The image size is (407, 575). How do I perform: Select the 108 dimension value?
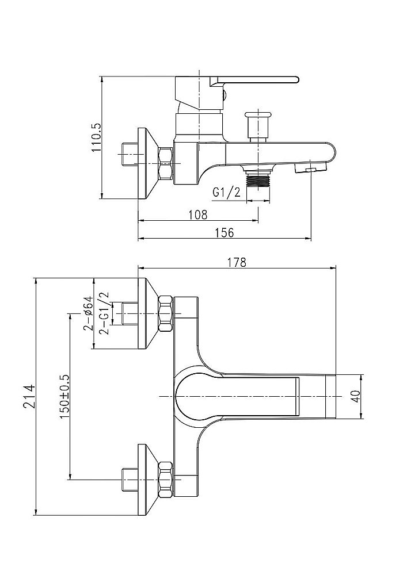pyautogui.click(x=198, y=214)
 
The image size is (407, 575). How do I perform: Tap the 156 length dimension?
pyautogui.click(x=225, y=232)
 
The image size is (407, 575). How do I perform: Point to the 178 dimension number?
pyautogui.click(x=237, y=262)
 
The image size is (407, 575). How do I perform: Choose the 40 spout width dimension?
pyautogui.click(x=355, y=397)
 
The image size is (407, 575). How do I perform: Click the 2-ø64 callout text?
pyautogui.click(x=88, y=314)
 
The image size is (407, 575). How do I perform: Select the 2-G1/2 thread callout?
pyautogui.click(x=103, y=313)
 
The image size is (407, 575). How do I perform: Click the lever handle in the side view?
pyautogui.click(x=259, y=80)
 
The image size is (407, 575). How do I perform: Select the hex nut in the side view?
pyautogui.click(x=166, y=163)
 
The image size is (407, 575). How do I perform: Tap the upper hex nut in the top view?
pyautogui.click(x=166, y=314)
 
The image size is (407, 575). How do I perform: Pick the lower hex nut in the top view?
pyautogui.click(x=166, y=478)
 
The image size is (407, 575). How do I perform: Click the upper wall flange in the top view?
pyautogui.click(x=149, y=313)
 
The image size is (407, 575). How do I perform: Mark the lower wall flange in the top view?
pyautogui.click(x=149, y=478)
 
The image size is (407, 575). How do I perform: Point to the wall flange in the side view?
pyautogui.click(x=149, y=163)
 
